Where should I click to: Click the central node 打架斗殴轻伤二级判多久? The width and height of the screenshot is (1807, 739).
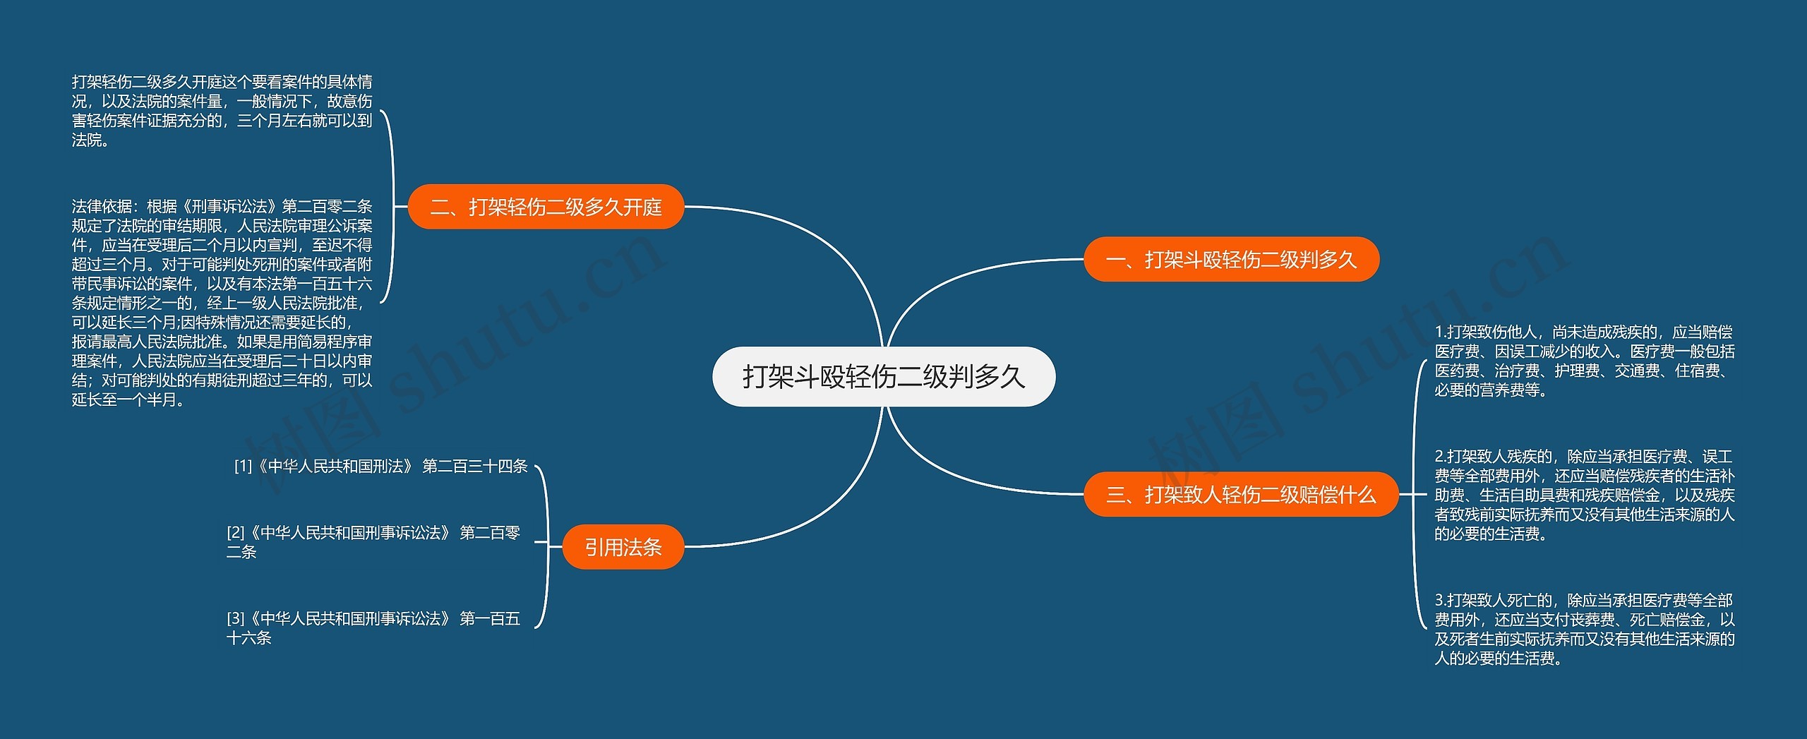(x=884, y=377)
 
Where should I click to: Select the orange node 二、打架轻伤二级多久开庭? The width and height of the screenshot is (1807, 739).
(x=546, y=207)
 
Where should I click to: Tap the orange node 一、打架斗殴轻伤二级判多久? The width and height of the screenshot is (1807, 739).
(x=1231, y=260)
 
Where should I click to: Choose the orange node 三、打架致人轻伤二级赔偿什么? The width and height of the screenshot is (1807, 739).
(x=1241, y=495)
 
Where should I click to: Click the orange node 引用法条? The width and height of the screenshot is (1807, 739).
(x=623, y=547)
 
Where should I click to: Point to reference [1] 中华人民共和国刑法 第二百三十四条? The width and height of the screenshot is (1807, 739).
(x=381, y=467)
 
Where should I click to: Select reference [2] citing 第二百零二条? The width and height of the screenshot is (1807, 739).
(x=373, y=542)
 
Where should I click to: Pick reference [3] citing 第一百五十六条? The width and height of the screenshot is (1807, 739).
(x=373, y=628)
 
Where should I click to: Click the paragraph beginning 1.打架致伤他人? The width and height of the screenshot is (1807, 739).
(x=1584, y=361)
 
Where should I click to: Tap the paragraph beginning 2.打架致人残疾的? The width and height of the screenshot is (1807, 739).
(x=1584, y=495)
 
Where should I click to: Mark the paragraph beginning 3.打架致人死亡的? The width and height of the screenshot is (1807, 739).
(x=1584, y=630)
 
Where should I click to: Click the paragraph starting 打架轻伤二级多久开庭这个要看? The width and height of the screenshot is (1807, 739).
(x=222, y=112)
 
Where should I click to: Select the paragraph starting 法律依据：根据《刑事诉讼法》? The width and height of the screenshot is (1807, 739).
(x=222, y=303)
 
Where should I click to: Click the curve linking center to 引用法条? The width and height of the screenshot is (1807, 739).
(x=826, y=508)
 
